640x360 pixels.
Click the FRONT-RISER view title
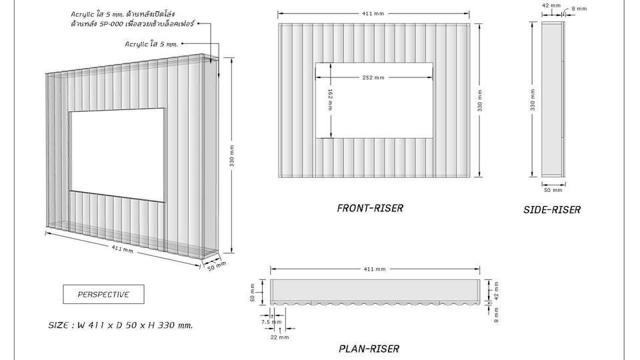[x=370, y=208]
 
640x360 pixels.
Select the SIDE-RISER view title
[x=552, y=210]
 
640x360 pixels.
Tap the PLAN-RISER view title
[x=369, y=349]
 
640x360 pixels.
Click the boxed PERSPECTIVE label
[x=104, y=294]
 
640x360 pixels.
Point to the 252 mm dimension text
[x=373, y=77]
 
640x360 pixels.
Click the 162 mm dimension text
[x=330, y=100]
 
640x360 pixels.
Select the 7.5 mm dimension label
[x=271, y=322]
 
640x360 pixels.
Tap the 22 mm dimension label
[x=279, y=337]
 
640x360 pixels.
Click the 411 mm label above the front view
[x=373, y=13]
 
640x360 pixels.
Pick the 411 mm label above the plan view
[x=375, y=269]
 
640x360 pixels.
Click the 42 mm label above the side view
[x=551, y=5]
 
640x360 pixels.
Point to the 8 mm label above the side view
[x=579, y=9]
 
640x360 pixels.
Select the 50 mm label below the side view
[x=553, y=190]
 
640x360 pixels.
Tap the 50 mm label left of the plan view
[x=252, y=293]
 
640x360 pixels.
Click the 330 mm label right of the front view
[x=479, y=101]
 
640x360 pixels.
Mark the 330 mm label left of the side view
[x=533, y=99]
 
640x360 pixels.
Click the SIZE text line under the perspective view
[x=121, y=325]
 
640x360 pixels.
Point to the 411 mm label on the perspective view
[x=123, y=248]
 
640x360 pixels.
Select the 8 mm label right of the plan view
[x=496, y=315]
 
